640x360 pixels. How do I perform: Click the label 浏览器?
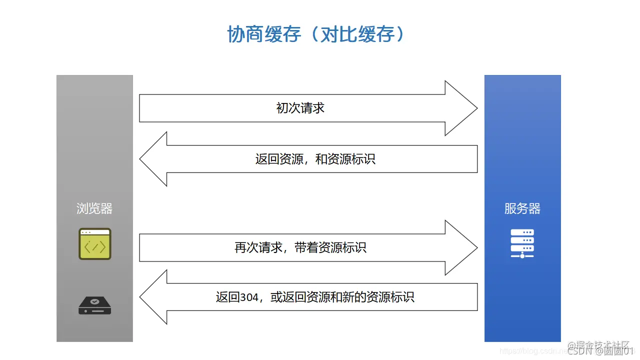[94, 208]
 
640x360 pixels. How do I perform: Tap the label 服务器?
[522, 208]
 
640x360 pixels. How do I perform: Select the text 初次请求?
[300, 108]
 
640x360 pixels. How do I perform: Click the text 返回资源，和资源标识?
[315, 159]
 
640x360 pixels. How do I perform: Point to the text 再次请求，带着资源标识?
[300, 247]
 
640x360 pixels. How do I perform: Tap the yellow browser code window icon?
[94, 244]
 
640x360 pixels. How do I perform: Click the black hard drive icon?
[94, 305]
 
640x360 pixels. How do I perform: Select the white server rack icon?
[522, 243]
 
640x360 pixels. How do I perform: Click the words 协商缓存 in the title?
[264, 34]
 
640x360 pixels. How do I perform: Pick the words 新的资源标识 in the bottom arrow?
[384, 298]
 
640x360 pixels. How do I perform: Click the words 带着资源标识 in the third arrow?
[330, 247]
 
